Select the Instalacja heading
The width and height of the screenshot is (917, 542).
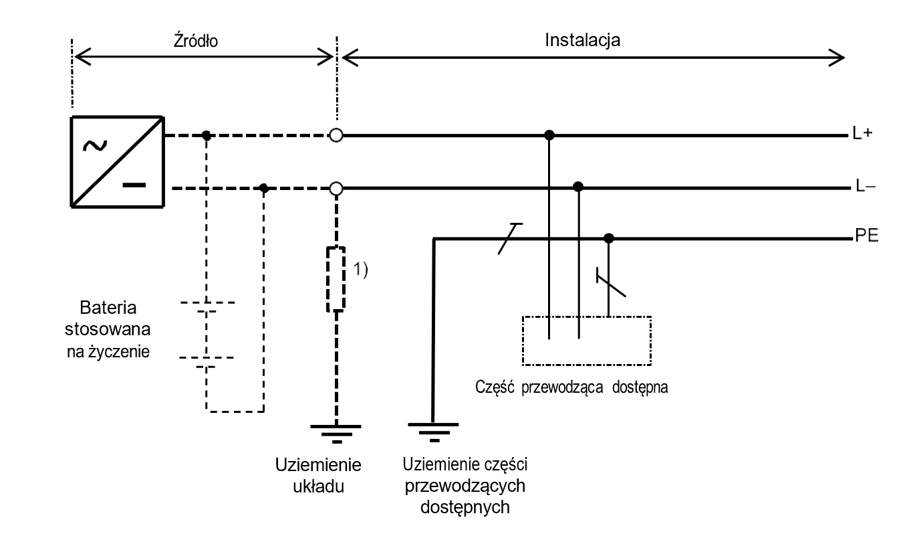[x=583, y=39]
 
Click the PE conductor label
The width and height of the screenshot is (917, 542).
[x=866, y=237]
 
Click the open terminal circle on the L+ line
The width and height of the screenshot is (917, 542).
[x=336, y=136]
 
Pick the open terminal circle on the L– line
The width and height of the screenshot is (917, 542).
[x=336, y=189]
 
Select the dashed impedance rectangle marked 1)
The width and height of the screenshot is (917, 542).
[x=336, y=279]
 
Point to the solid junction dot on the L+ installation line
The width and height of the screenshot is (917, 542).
[x=549, y=136]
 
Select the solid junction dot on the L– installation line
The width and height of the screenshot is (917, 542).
[x=579, y=186]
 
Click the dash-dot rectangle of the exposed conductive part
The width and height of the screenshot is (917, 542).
[x=586, y=340]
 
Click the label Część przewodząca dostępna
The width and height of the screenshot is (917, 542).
[x=572, y=387]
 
